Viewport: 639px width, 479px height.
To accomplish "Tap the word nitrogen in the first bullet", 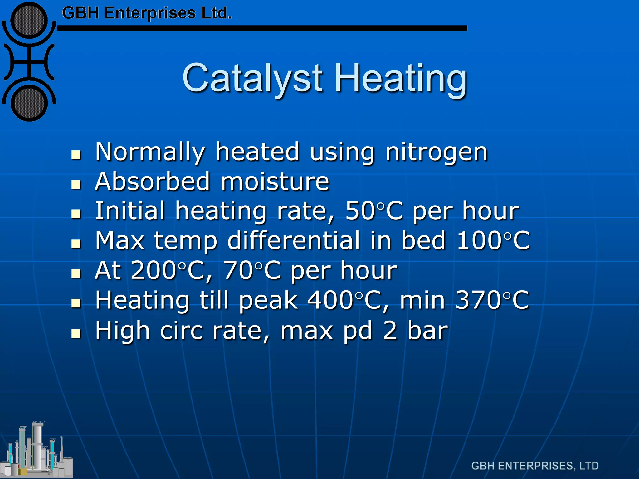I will click(x=437, y=152).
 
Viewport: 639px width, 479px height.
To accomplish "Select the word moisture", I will click(x=275, y=181).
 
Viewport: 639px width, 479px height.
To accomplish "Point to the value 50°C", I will click(x=374, y=211).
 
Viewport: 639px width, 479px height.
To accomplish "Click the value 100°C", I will click(x=493, y=241).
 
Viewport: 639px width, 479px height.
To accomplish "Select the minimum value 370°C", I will click(x=492, y=300).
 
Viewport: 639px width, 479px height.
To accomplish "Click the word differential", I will click(x=293, y=241).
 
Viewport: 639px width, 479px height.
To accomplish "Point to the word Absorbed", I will click(x=153, y=181).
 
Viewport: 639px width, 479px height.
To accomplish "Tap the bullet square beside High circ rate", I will click(x=76, y=333).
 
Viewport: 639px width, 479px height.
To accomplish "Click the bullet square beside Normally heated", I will click(x=76, y=154).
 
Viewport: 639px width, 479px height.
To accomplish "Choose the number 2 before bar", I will click(x=390, y=331).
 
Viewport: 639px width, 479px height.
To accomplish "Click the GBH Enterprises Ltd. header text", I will click(x=147, y=13).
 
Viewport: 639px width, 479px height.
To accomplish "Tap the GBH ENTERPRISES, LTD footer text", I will click(x=535, y=466).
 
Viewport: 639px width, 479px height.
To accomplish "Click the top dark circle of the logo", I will click(x=29, y=21).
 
